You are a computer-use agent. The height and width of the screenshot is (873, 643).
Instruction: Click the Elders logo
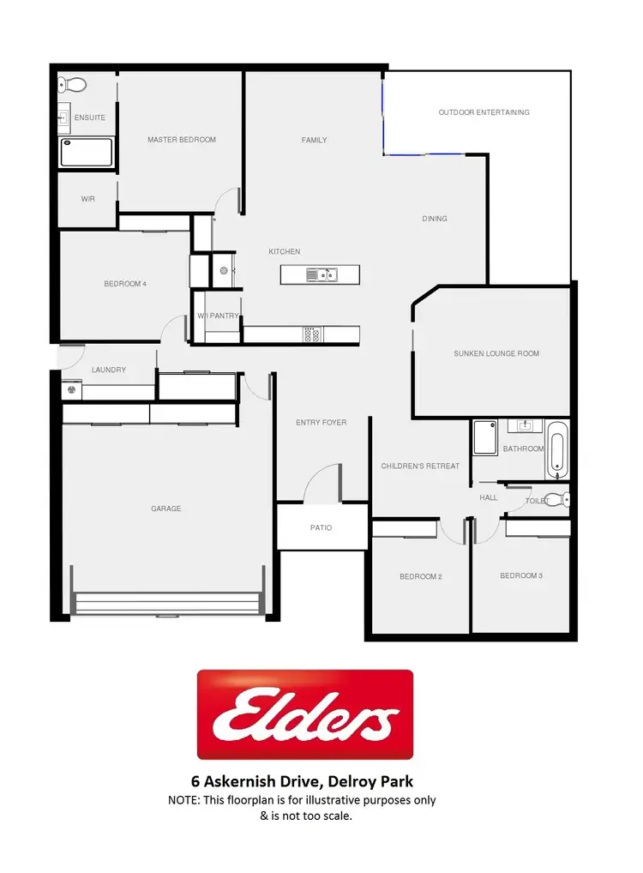pyautogui.click(x=305, y=715)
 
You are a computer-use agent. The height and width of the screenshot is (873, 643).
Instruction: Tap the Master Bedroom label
pyautogui.click(x=182, y=140)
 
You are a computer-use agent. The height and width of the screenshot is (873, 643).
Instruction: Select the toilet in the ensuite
pyautogui.click(x=75, y=85)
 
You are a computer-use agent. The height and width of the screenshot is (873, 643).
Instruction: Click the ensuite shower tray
pyautogui.click(x=86, y=154)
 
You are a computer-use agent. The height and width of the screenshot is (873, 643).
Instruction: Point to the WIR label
pyautogui.click(x=87, y=199)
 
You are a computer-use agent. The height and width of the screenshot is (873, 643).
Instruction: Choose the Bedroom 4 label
pyautogui.click(x=125, y=284)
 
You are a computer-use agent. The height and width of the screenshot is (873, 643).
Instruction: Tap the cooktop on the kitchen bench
pyautogui.click(x=311, y=335)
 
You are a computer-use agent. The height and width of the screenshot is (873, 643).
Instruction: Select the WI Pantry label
pyautogui.click(x=218, y=316)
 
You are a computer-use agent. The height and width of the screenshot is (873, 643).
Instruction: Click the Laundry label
pyautogui.click(x=109, y=370)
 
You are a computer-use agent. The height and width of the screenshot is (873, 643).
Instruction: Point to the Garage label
pyautogui.click(x=166, y=509)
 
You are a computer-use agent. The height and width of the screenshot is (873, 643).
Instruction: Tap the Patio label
pyautogui.click(x=321, y=527)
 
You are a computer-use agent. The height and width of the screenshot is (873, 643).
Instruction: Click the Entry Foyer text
pyautogui.click(x=321, y=423)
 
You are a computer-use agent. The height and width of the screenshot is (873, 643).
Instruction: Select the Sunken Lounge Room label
pyautogui.click(x=497, y=353)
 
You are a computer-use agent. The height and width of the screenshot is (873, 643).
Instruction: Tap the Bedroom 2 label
pyautogui.click(x=421, y=576)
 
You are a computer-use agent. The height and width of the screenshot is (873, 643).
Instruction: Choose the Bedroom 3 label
pyautogui.click(x=521, y=575)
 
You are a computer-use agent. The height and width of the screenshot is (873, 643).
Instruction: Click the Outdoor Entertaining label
pyautogui.click(x=484, y=112)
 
